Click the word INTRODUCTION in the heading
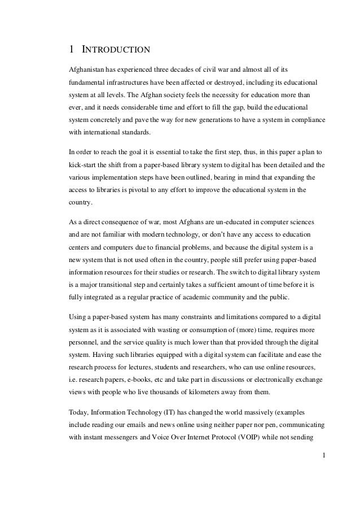[x=116, y=50]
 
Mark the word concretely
[x=115, y=120]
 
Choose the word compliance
[x=310, y=120]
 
